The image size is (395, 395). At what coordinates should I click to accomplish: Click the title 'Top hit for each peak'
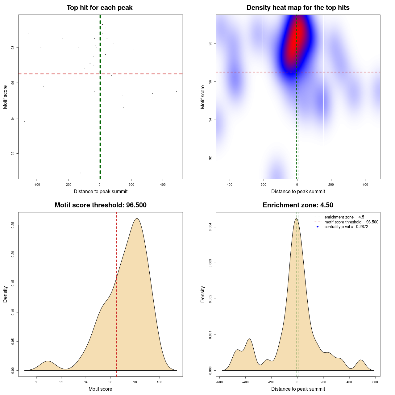pyautogui.click(x=99, y=8)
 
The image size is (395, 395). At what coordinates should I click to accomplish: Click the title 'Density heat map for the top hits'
pyautogui.click(x=298, y=8)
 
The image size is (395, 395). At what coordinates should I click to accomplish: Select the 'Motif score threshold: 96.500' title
pyautogui.click(x=100, y=205)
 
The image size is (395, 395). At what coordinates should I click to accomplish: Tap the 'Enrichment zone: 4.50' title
pyautogui.click(x=298, y=205)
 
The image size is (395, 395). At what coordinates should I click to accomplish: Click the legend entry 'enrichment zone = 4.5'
pyautogui.click(x=344, y=217)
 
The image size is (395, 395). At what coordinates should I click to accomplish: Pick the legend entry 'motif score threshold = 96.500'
pyautogui.click(x=351, y=222)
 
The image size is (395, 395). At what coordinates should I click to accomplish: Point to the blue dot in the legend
pyautogui.click(x=318, y=227)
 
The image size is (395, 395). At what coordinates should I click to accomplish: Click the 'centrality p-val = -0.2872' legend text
pyautogui.click(x=346, y=227)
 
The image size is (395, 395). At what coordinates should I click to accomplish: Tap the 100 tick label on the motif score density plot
pyautogui.click(x=159, y=382)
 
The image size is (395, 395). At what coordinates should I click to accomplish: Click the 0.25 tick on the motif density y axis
pyautogui.click(x=13, y=225)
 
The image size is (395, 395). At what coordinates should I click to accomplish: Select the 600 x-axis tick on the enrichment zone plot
pyautogui.click(x=375, y=382)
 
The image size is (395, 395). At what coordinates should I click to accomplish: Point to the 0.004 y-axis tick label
pyautogui.click(x=210, y=227)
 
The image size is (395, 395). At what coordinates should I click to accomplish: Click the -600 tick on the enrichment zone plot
pyautogui.click(x=219, y=382)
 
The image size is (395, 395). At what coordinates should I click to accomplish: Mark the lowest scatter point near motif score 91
pyautogui.click(x=81, y=173)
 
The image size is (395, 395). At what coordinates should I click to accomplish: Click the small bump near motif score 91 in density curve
pyautogui.click(x=48, y=361)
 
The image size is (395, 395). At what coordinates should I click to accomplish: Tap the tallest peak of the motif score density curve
pyautogui.click(x=137, y=218)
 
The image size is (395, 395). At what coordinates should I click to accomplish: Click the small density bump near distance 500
pyautogui.click(x=360, y=360)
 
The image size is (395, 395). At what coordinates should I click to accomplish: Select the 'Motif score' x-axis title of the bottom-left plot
pyautogui.click(x=100, y=389)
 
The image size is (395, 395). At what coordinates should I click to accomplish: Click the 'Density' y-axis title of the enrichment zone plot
pyautogui.click(x=203, y=294)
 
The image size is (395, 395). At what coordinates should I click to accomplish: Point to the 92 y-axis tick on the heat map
pyautogui.click(x=210, y=158)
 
